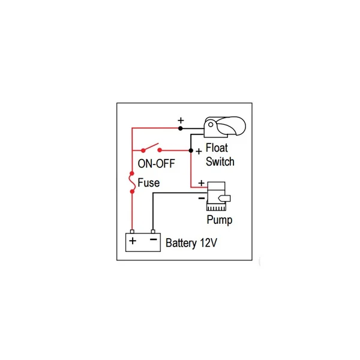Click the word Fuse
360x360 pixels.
[149, 183]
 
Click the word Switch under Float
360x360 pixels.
[220, 161]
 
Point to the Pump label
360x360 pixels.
[220, 220]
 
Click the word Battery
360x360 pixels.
[183, 244]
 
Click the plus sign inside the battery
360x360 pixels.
[133, 242]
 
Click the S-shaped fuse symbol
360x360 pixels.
[132, 183]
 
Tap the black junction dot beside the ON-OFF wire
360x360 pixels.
[191, 150]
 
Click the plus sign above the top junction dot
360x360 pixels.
[181, 120]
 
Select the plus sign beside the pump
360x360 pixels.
[201, 183]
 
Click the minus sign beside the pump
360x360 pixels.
[202, 196]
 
